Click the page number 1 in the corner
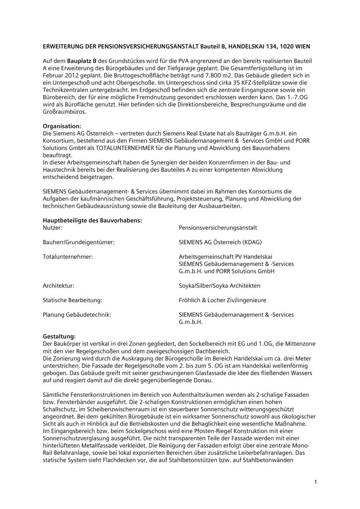[315, 481]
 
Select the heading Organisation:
[62, 126]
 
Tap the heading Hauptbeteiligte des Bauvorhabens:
[92, 220]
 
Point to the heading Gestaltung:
[59, 337]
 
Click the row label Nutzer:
[53, 228]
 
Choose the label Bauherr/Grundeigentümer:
[79, 242]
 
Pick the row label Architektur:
[59, 286]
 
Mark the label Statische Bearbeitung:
[73, 300]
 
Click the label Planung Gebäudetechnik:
[77, 315]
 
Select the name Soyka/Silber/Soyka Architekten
[219, 286]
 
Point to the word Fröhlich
[190, 300]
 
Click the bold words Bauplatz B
[82, 61]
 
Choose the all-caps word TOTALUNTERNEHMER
[125, 148]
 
